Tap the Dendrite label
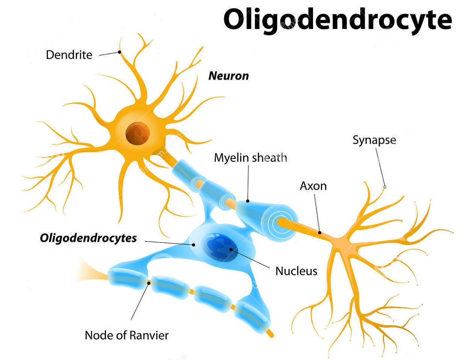(69, 55)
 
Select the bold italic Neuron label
(229, 76)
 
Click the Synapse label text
(374, 140)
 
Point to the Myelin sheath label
(250, 158)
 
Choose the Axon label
(313, 186)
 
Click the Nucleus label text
(296, 271)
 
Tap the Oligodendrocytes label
(88, 238)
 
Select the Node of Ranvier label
(126, 335)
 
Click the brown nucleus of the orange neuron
(138, 134)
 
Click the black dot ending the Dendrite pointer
(119, 52)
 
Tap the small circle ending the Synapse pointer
(385, 187)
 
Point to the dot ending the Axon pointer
(320, 233)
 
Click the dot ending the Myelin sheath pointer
(248, 201)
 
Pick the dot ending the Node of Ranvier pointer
(149, 283)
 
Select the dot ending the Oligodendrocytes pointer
(194, 245)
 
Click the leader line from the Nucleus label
(250, 259)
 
